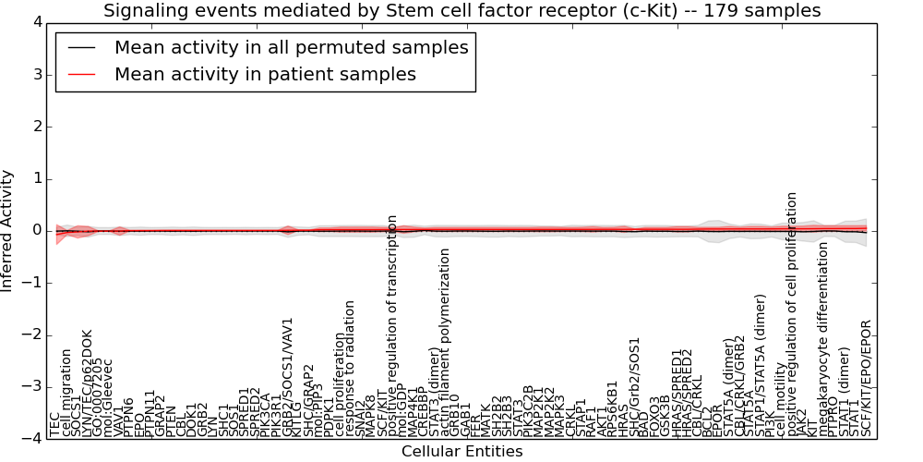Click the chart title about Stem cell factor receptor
461,11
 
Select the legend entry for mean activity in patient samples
265,74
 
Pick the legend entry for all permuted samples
291,47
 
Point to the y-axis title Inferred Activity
8,231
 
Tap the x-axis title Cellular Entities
461,452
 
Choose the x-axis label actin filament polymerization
446,342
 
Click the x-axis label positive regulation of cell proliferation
792,314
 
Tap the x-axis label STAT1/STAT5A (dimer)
761,365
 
